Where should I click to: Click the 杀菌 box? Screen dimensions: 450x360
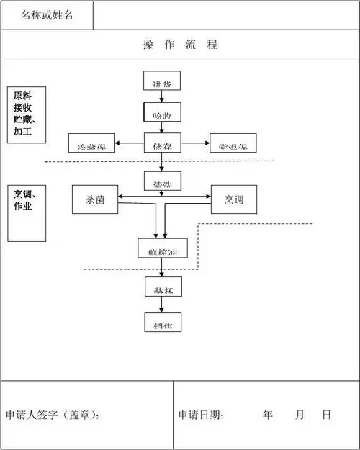[95, 199]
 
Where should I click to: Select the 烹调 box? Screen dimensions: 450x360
[234, 199]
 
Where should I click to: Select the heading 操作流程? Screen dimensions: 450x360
[180, 45]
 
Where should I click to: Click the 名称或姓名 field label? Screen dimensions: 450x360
[47, 15]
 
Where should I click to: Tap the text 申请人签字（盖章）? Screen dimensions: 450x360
[53, 415]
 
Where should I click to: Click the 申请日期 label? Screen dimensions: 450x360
[202, 415]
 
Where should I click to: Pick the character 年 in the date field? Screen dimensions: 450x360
[268, 415]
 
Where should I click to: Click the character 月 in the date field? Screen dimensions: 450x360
[299, 415]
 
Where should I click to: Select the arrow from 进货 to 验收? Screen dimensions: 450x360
[162, 96]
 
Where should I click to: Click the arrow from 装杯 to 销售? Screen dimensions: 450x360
[162, 305]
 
